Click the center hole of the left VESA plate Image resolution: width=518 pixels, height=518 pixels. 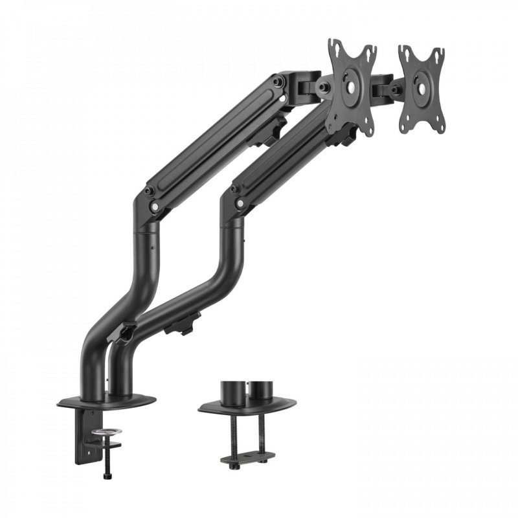tap(352, 85)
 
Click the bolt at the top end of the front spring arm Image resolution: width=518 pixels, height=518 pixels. tap(278, 82)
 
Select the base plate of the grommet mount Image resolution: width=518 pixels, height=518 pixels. tap(246, 405)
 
